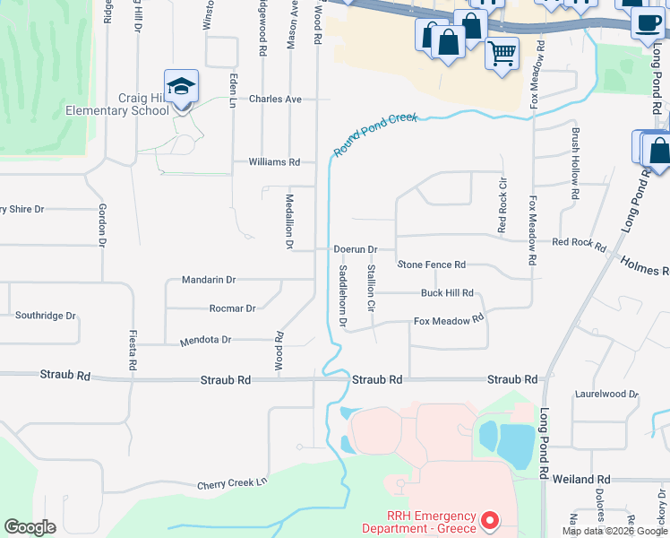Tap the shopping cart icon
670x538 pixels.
(502, 52)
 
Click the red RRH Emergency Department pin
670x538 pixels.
(489, 520)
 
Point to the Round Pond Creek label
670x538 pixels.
(375, 134)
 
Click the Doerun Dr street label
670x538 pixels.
(355, 249)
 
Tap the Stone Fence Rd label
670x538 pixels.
(432, 265)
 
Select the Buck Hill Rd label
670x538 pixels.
(447, 293)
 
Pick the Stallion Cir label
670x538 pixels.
(369, 289)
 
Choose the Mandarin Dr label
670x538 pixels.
(208, 280)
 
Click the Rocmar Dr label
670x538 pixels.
(232, 308)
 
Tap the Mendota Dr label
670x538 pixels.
(206, 341)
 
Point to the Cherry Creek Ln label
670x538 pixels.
(232, 483)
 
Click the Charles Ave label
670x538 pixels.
(275, 100)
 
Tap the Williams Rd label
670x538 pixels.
(273, 162)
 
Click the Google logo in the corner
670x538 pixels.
(30, 527)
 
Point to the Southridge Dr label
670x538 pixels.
(45, 316)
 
